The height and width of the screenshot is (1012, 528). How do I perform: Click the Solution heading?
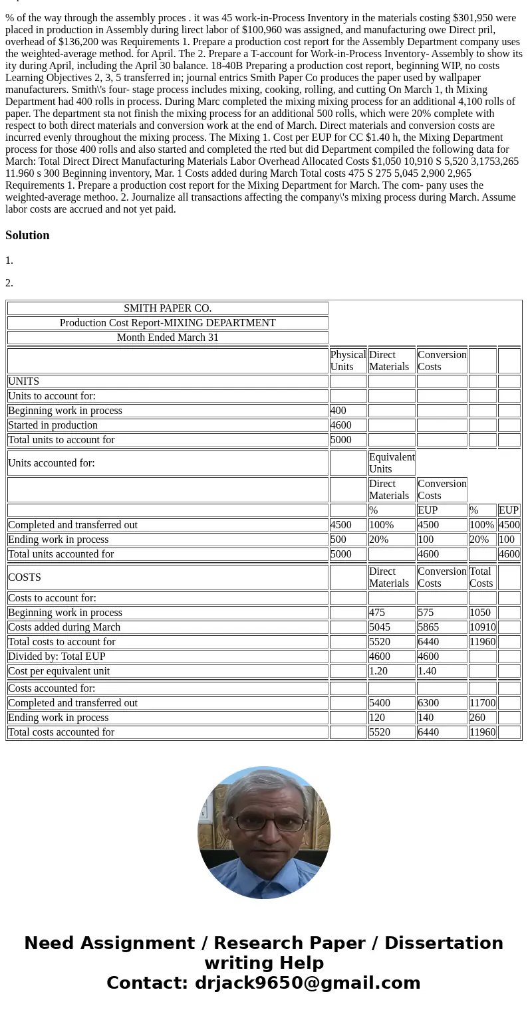(27, 235)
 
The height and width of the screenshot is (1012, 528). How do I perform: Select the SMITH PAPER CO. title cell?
(168, 308)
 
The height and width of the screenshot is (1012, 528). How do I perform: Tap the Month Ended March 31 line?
(168, 338)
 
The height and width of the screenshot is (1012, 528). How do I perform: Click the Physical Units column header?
(348, 361)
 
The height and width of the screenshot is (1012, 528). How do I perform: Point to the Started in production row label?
(53, 425)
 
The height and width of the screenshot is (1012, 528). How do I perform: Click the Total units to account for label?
(61, 440)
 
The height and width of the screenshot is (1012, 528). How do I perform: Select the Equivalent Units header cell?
(391, 462)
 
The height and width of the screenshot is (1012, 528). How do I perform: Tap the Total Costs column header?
(481, 577)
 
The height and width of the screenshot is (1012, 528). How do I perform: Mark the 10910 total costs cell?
(482, 627)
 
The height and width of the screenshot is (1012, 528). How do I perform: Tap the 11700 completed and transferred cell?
(482, 703)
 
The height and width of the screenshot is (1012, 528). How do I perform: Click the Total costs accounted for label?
(61, 732)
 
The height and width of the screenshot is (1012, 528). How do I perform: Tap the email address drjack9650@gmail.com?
(307, 983)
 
